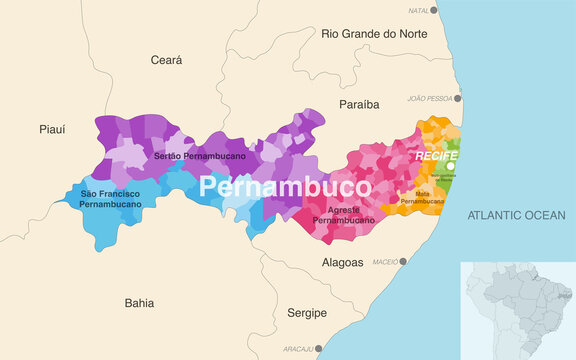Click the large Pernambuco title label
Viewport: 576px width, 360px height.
(285, 187)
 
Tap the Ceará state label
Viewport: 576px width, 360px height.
(166, 60)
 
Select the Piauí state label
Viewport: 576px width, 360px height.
(52, 129)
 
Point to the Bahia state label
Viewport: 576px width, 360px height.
(139, 301)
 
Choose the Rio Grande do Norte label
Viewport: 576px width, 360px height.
(376, 33)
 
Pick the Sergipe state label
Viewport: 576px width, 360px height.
(306, 313)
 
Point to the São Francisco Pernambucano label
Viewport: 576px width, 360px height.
(110, 198)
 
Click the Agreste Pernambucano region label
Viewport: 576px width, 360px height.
(343, 214)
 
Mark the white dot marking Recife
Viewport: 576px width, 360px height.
(451, 166)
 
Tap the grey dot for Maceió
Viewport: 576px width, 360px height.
(403, 262)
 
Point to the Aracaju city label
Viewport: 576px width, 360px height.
(297, 350)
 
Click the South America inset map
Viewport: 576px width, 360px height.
(516, 309)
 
